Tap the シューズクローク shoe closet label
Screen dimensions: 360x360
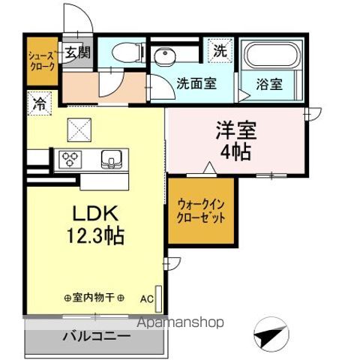[40, 59]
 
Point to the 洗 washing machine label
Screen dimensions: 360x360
[219, 52]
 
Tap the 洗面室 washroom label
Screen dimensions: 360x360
[196, 84]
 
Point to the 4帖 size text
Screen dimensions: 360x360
[236, 150]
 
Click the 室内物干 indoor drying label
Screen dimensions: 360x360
[94, 297]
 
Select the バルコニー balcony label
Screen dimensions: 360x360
[95, 336]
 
